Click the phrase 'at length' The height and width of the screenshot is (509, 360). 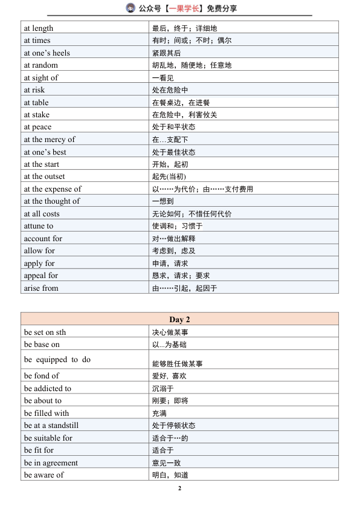pos(39,28)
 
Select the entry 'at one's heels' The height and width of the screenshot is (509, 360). pos(47,53)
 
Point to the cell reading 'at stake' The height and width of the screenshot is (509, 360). pos(37,115)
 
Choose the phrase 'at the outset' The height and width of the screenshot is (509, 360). pos(45,177)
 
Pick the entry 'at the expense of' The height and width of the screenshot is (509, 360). pos(53,189)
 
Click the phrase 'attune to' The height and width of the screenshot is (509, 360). pos(39,226)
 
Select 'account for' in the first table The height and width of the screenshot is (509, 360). pos(43,239)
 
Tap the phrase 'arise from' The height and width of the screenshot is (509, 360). pos(41,288)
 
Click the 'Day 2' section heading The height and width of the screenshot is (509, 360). pos(179,319)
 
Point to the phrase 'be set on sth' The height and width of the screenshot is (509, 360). pos(45,332)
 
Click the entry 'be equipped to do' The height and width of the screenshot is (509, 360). pos(57,360)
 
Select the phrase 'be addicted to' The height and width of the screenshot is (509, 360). pos(48,389)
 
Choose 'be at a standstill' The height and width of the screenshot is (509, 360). pos(51,426)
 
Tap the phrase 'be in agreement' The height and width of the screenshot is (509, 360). pos(51,463)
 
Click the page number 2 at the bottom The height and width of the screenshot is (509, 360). pos(179,488)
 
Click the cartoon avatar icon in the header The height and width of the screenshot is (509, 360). pos(131,8)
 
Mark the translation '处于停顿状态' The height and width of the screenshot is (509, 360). pos(174,426)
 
